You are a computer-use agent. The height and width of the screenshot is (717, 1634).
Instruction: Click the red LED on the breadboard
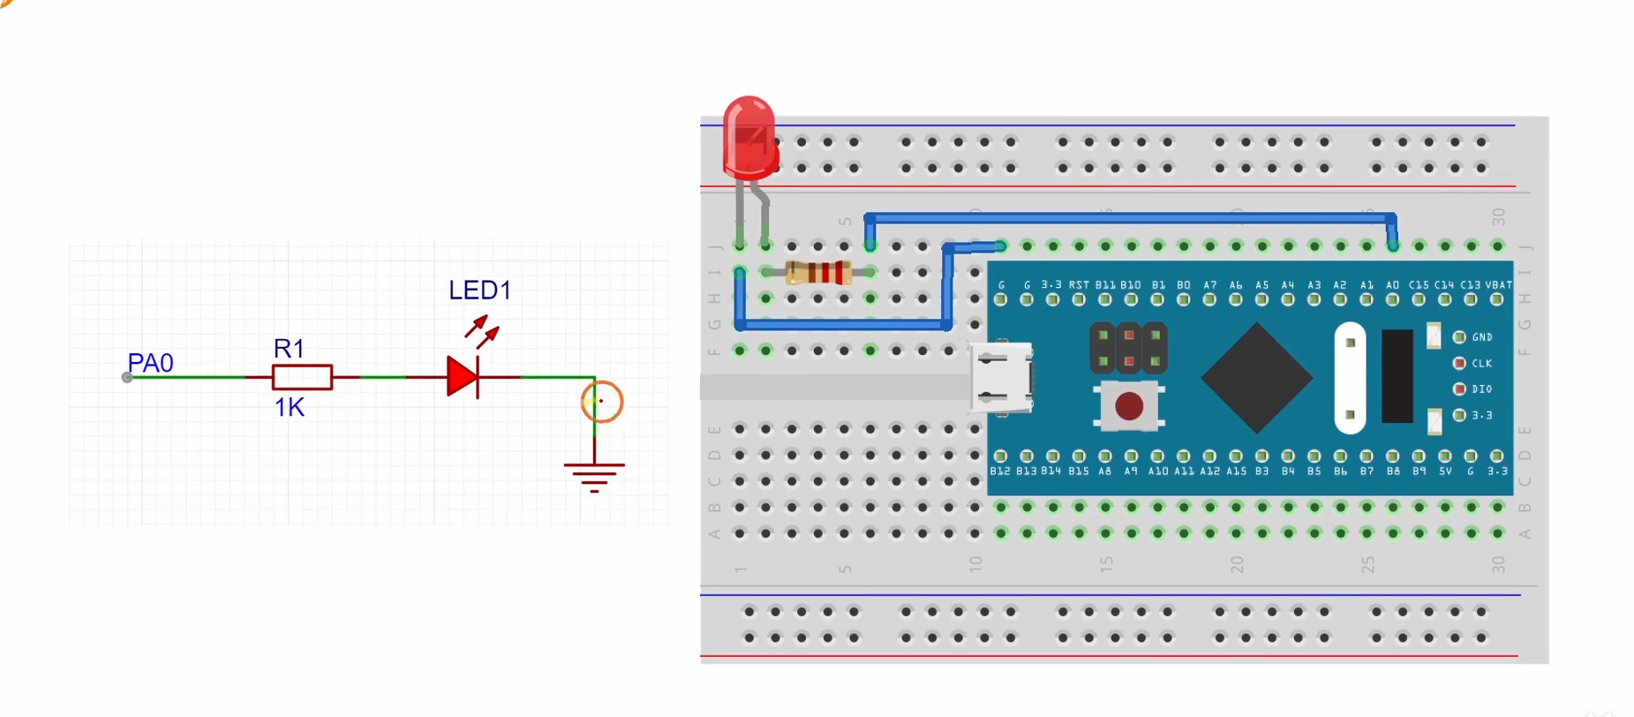point(749,140)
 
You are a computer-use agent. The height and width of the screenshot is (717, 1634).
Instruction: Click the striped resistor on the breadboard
point(818,273)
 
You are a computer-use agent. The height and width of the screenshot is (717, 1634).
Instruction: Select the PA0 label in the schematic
point(150,363)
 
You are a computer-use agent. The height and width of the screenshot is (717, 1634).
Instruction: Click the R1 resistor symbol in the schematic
point(302,377)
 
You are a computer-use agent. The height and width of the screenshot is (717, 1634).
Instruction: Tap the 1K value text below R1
point(289,407)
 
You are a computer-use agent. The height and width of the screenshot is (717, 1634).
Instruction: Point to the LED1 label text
point(479,291)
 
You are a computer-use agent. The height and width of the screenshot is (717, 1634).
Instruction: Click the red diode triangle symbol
point(462,377)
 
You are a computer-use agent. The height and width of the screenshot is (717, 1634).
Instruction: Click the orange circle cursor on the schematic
point(602,402)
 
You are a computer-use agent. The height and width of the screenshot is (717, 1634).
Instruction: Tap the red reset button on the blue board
point(1129,406)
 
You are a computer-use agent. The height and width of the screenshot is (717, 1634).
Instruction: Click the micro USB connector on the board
point(1001,379)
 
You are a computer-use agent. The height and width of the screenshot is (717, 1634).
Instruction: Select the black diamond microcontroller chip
point(1256,378)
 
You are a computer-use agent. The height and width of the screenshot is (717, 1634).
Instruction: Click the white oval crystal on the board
point(1350,378)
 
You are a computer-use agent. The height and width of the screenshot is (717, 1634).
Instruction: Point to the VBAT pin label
point(1498,285)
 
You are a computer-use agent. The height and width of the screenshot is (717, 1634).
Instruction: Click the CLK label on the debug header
point(1481,363)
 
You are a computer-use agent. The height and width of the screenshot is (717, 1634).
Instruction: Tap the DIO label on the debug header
point(1481,389)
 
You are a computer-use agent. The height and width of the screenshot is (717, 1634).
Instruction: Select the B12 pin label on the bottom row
point(1000,472)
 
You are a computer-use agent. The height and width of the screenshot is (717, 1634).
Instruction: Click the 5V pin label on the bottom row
point(1445,472)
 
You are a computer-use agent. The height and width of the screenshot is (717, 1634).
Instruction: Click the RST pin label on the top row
point(1079,285)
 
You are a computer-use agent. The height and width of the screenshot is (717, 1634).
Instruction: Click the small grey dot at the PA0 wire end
point(127,378)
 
